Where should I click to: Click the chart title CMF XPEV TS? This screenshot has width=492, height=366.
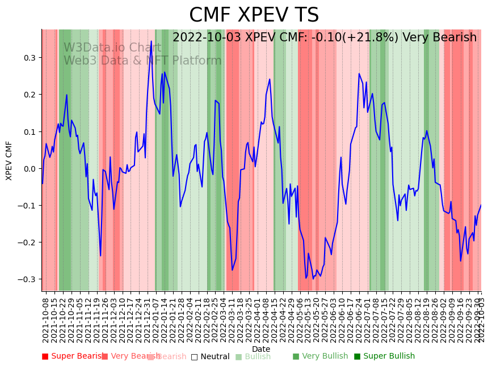254,15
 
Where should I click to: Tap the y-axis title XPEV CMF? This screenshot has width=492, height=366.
9,161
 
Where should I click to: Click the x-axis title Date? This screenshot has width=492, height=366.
261,349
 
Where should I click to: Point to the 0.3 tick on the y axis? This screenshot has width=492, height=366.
29,58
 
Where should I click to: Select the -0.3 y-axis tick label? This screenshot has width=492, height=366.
28,279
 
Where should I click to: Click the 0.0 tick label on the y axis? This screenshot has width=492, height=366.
29,168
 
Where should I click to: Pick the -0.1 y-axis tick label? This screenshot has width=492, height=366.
28,205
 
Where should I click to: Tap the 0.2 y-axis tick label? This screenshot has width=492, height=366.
29,95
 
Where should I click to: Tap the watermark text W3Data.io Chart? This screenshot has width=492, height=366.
112,48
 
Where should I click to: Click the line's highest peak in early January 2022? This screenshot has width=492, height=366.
151,41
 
